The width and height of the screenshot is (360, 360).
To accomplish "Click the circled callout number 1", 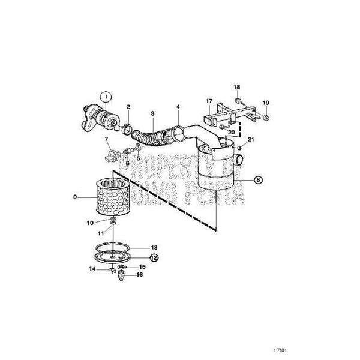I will click(x=105, y=95).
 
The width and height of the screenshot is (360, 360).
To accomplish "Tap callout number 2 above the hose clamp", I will click(x=128, y=107).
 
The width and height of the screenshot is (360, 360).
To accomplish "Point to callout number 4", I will click(x=178, y=108).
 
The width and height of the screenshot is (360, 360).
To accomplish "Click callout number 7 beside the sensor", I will click(x=107, y=139).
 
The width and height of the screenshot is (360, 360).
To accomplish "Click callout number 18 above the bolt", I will click(x=236, y=87).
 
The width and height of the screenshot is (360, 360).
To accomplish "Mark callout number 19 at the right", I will click(x=266, y=103).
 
